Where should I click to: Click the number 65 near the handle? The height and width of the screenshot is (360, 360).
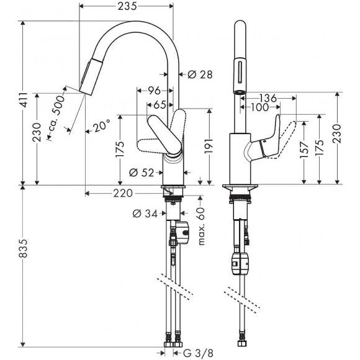point(160,105)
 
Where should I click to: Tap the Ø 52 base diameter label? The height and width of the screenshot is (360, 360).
point(142,173)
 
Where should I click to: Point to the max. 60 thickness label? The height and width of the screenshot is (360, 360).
point(202,223)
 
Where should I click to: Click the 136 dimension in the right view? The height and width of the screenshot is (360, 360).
point(268,98)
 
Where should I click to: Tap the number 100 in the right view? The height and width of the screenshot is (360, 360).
point(259,108)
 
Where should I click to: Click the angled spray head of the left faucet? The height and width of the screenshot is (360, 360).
point(92,73)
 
